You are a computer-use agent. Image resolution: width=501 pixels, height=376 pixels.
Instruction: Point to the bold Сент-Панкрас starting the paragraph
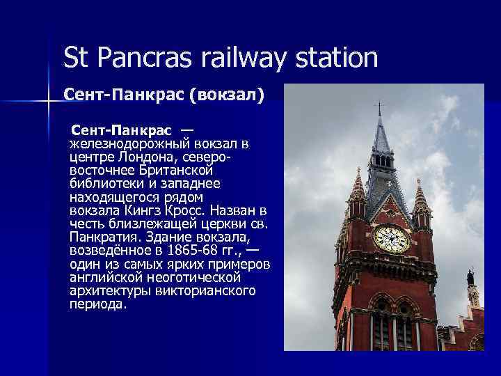click(122, 132)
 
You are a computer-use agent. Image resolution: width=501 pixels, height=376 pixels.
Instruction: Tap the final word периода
click(97, 303)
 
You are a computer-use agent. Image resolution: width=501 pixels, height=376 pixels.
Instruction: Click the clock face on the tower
click(391, 239)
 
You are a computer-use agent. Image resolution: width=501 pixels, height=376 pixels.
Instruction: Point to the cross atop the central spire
click(379, 109)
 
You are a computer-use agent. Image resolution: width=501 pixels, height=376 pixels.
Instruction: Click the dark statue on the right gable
click(470, 278)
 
